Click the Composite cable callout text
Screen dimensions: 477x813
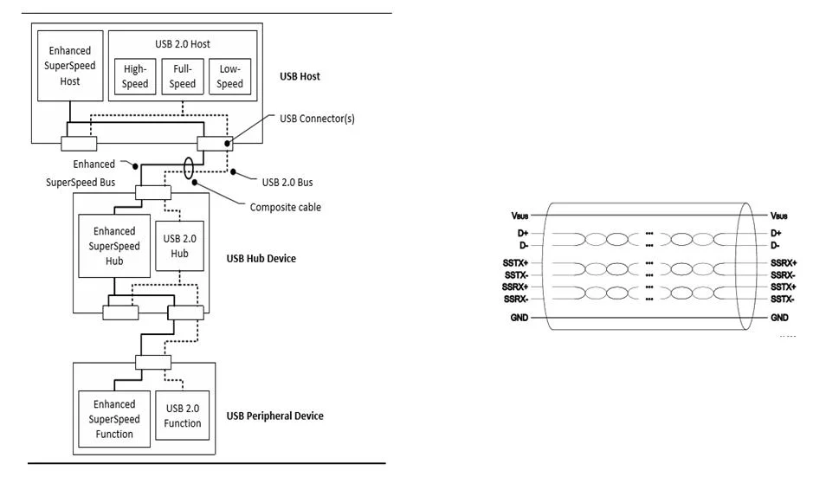pyautogui.click(x=286, y=207)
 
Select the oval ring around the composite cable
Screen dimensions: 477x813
pyautogui.click(x=188, y=168)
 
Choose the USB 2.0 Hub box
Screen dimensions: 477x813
pyautogui.click(x=179, y=245)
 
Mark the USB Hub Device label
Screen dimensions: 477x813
pyautogui.click(x=261, y=258)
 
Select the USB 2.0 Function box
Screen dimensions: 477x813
pyautogui.click(x=182, y=416)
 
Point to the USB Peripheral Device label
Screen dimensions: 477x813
pyautogui.click(x=274, y=416)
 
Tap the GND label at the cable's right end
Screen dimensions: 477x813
pyautogui.click(x=780, y=319)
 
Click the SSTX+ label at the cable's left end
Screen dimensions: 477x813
pyautogui.click(x=517, y=261)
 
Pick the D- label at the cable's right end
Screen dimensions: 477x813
pyautogui.click(x=777, y=246)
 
